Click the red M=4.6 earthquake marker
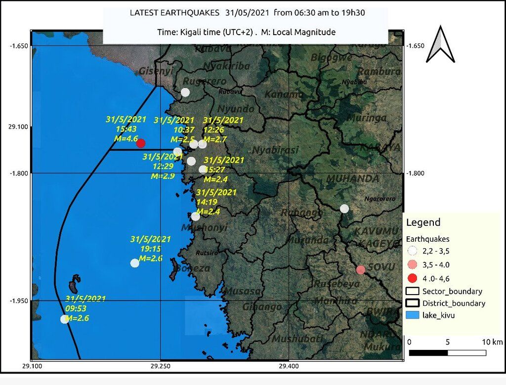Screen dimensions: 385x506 coord(141,143)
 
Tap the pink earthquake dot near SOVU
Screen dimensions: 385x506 coord(361,269)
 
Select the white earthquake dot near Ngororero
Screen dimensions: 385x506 coord(344,209)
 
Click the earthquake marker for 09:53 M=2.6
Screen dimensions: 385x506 coord(64,319)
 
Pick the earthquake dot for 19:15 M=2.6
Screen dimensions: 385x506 coord(134,263)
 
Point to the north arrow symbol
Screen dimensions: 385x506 coord(440,45)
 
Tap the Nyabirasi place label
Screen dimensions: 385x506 coord(275,150)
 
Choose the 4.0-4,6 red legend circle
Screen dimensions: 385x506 coord(414,277)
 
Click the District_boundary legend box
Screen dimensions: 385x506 coord(414,303)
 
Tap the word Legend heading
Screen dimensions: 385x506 coord(423,223)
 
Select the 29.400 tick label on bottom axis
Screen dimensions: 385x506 coord(289,366)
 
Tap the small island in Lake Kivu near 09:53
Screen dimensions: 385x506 coord(74,285)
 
